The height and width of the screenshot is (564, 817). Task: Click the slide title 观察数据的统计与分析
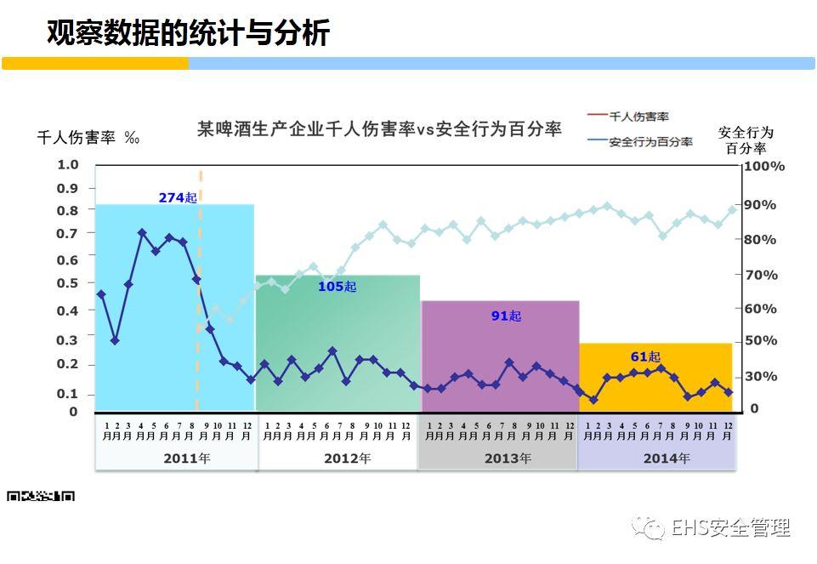(x=187, y=32)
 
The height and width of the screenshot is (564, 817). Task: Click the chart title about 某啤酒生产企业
(x=379, y=129)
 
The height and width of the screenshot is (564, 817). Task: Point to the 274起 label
(x=178, y=197)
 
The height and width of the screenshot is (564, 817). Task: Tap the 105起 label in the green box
(x=338, y=287)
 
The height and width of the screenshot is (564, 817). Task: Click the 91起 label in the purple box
(x=506, y=316)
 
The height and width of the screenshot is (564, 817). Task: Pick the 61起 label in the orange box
(x=645, y=356)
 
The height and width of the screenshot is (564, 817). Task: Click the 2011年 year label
(x=186, y=458)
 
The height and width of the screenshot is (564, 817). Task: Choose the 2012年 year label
(x=347, y=458)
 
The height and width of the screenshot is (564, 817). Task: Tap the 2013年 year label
(x=508, y=458)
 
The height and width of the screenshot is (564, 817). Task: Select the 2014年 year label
(x=666, y=458)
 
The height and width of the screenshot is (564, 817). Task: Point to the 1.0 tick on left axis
(x=68, y=165)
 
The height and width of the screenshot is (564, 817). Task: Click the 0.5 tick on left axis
(x=68, y=283)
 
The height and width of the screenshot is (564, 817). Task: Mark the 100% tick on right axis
(x=764, y=167)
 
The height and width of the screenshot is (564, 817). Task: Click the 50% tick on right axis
(x=761, y=340)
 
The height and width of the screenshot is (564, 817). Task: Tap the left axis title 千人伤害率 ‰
(x=88, y=138)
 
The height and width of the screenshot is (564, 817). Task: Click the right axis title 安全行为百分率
(x=746, y=140)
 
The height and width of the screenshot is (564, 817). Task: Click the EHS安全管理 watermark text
(x=729, y=528)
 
